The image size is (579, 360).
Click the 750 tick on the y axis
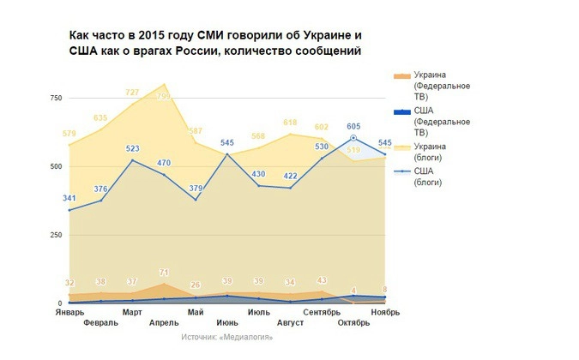[x=55, y=98]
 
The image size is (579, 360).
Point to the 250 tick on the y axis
[x=55, y=235]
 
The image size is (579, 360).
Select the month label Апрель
[x=164, y=322]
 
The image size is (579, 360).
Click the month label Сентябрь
[x=322, y=312]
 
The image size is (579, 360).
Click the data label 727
[x=133, y=93]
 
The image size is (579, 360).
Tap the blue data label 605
[x=353, y=126]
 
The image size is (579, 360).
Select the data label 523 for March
[x=133, y=148]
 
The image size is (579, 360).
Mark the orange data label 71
[x=164, y=273]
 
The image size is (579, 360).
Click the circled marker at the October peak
[x=353, y=138]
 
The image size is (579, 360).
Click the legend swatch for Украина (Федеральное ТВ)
[x=401, y=76]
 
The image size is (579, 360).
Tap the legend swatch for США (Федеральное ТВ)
[x=401, y=112]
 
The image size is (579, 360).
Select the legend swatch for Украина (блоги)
[x=401, y=147]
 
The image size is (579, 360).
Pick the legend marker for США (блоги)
[x=401, y=172]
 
